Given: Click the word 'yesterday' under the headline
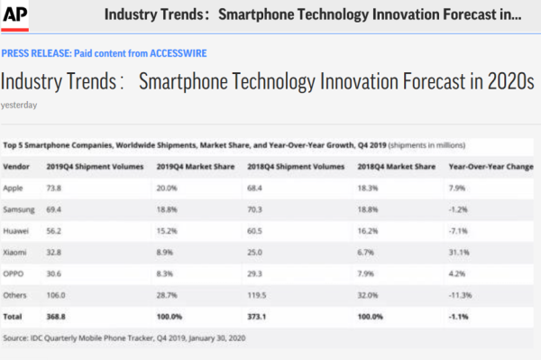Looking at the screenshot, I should [x=18, y=104].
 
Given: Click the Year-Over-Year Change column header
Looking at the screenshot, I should [x=491, y=167].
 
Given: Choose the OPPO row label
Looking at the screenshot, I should [x=15, y=270].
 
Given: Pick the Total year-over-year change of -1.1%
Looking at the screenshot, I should [x=459, y=316].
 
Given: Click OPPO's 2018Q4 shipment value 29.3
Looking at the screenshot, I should [x=255, y=270].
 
